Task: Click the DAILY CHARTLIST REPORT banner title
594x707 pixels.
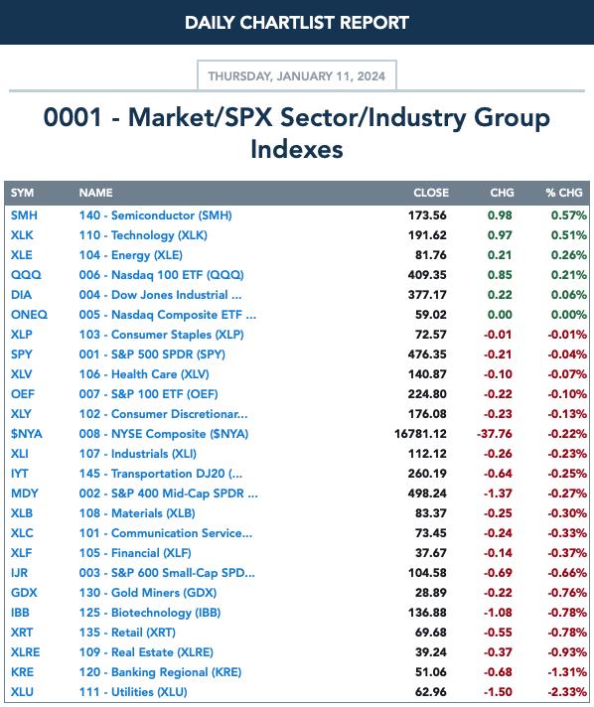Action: [x=297, y=23]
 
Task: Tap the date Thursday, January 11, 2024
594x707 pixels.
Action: [x=297, y=75]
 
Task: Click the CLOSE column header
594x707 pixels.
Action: [x=431, y=193]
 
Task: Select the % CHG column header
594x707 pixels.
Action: [x=564, y=193]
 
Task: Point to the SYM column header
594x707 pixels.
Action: [x=22, y=193]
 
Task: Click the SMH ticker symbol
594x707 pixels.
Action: [x=24, y=215]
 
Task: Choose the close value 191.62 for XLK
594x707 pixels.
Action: [x=427, y=235]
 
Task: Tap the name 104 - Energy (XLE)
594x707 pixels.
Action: [x=131, y=255]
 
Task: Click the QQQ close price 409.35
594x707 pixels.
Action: [x=427, y=275]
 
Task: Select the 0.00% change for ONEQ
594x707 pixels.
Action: [x=569, y=314]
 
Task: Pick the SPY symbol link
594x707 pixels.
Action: [x=22, y=353]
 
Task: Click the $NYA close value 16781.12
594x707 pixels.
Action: [x=420, y=434]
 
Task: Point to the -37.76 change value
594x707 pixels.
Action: [x=495, y=434]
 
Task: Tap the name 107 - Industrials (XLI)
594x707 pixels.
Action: [x=137, y=454]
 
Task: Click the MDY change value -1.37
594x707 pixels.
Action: [x=498, y=494]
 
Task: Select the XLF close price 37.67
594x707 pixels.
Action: [x=431, y=553]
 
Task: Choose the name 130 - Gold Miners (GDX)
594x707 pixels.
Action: [x=148, y=593]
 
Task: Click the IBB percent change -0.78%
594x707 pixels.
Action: [x=567, y=613]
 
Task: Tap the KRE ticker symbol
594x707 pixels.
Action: [x=22, y=672]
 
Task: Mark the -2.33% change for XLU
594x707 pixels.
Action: [x=567, y=692]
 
